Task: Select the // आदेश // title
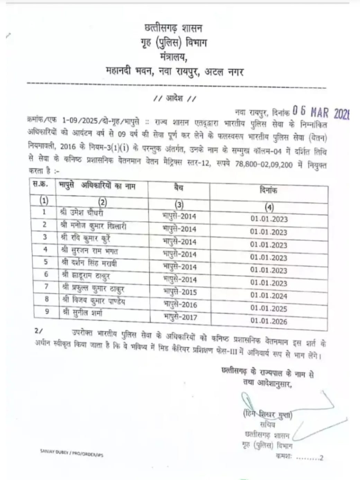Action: click(174, 98)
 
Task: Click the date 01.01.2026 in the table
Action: click(269, 321)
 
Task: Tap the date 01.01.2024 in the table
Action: click(269, 295)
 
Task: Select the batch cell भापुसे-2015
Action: click(180, 292)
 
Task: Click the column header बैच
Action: click(179, 188)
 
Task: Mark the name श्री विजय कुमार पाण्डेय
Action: click(93, 300)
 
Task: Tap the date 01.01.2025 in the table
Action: click(269, 308)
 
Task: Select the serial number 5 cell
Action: click(46, 262)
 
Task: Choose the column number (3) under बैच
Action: click(179, 204)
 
